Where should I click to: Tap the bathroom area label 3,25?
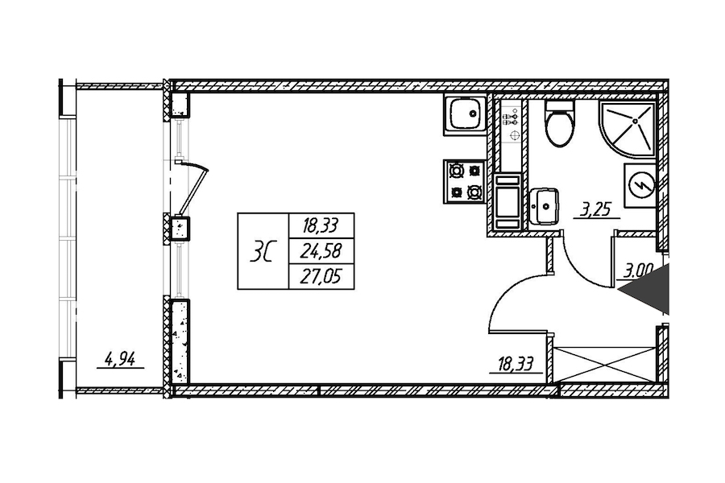click(x=596, y=210)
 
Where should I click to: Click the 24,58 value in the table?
click(x=321, y=251)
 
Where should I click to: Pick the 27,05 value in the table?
click(x=321, y=277)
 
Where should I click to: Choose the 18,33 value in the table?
click(x=321, y=226)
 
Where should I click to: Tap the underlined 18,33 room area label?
click(x=515, y=364)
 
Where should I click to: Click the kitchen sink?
click(x=465, y=115)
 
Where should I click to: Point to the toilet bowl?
click(x=560, y=123)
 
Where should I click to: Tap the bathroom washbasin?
click(x=545, y=206)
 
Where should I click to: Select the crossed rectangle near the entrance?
click(x=606, y=364)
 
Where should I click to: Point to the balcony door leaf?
click(x=193, y=189)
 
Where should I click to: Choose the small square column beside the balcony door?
click(x=180, y=227)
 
